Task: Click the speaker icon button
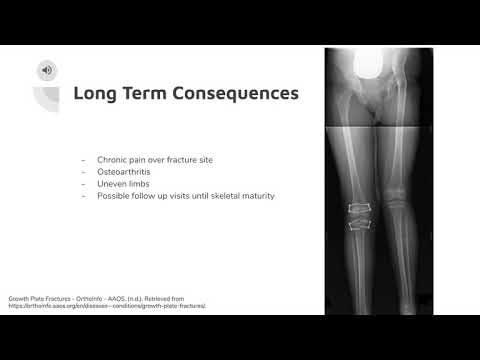point(46,70)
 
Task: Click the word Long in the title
point(96,95)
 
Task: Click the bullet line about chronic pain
point(156,160)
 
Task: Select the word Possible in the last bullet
point(114,196)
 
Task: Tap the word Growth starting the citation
point(20,298)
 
